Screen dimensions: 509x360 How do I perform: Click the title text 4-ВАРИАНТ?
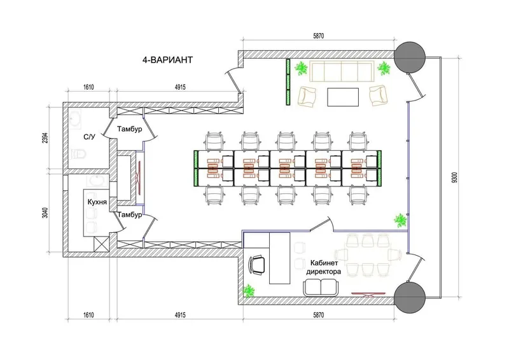click(167, 60)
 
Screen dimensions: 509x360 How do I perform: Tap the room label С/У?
click(89, 137)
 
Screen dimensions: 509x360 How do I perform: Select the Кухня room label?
click(97, 202)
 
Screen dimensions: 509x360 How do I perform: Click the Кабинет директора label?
click(324, 267)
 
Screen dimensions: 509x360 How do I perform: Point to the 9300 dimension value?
click(454, 177)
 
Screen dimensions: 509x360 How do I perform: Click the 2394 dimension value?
click(45, 137)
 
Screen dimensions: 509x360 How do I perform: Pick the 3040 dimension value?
click(45, 212)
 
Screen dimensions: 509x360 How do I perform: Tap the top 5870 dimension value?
click(319, 36)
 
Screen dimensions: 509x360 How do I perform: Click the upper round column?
click(410, 57)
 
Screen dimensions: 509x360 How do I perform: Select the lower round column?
click(410, 297)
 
